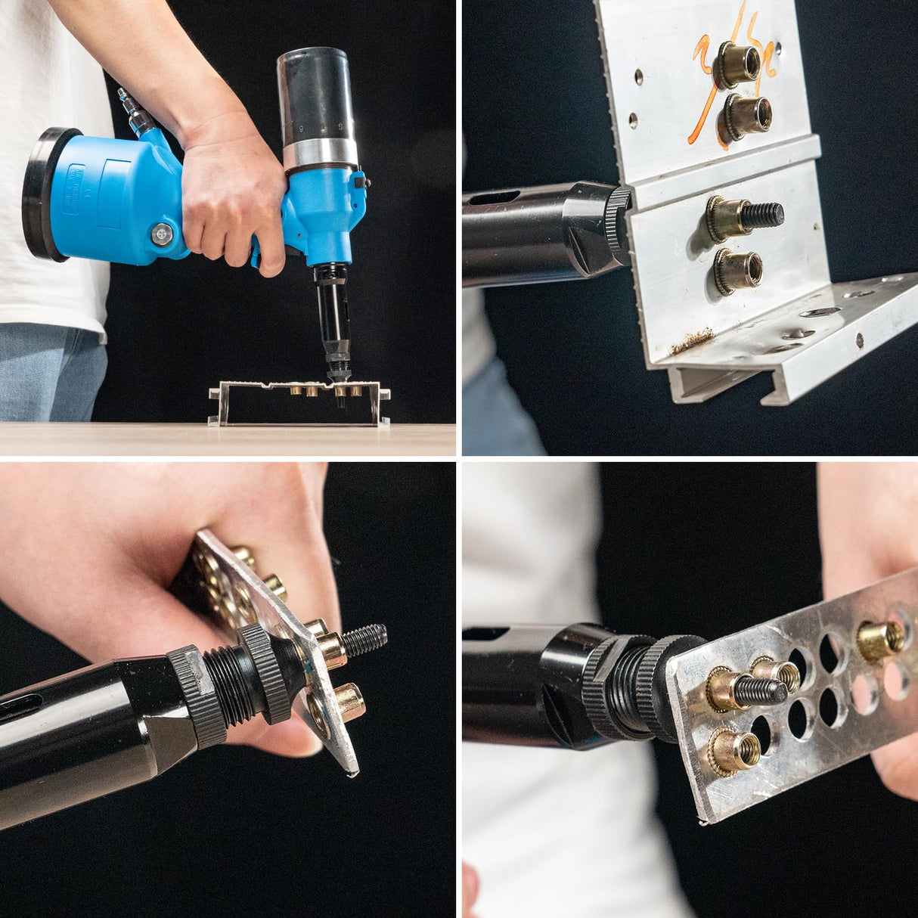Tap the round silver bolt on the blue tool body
(161, 234)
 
